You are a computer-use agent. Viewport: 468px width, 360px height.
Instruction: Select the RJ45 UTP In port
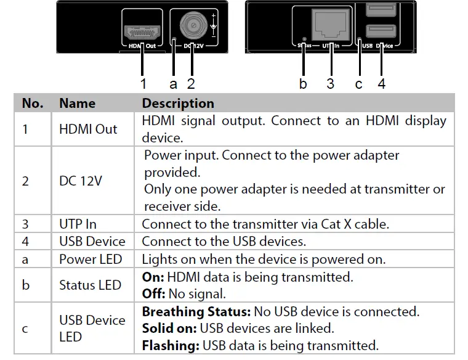(330, 25)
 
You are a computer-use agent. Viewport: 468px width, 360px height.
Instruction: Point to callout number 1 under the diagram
(143, 83)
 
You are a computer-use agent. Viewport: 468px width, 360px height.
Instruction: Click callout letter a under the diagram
(173, 83)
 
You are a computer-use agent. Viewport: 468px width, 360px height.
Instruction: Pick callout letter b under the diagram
(302, 83)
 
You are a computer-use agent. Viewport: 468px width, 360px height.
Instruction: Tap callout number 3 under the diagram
(331, 83)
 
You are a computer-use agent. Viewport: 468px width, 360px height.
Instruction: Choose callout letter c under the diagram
(359, 83)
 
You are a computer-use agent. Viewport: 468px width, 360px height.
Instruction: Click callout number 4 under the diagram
(382, 83)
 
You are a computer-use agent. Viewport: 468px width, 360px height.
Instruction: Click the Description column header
(178, 103)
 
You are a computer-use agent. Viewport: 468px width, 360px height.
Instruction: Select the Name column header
(78, 103)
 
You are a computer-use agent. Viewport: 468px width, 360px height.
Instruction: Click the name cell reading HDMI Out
(88, 129)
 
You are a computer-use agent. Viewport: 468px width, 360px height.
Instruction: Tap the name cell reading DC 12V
(81, 181)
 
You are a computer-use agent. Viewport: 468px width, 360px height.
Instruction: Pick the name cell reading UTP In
(78, 224)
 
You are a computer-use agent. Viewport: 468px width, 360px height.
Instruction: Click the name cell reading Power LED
(91, 260)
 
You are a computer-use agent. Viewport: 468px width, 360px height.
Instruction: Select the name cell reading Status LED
(90, 285)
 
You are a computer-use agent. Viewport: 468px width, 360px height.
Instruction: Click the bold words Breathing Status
(191, 312)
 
